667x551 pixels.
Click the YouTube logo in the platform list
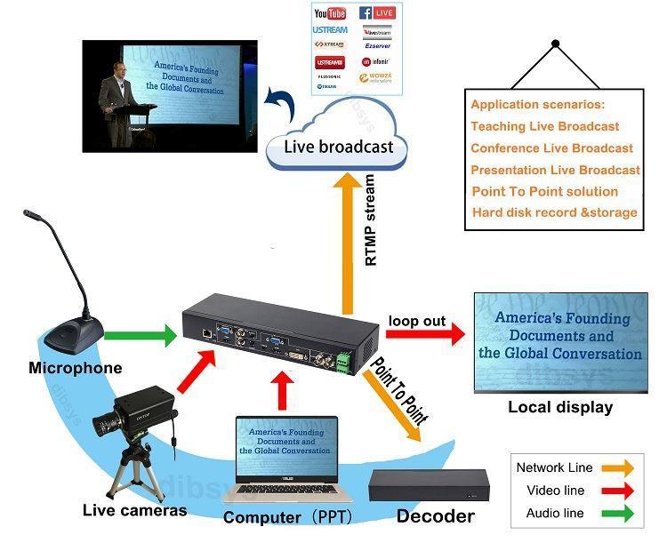(330, 13)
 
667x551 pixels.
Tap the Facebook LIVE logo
(377, 13)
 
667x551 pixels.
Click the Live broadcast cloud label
(337, 147)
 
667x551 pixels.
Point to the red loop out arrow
(426, 334)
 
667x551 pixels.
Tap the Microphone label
(76, 368)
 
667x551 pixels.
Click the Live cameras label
(134, 510)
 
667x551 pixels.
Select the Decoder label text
(435, 515)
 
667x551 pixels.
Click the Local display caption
(560, 407)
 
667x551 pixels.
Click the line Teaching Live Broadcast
(544, 126)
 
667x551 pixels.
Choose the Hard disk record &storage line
(554, 212)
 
